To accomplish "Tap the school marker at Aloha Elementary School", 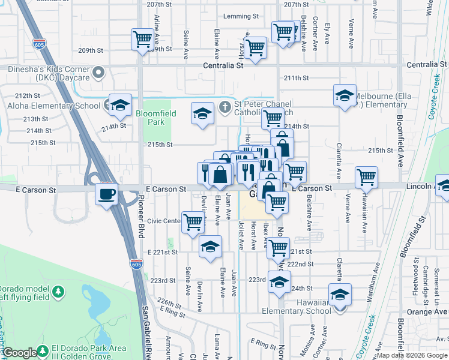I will coord(120,105).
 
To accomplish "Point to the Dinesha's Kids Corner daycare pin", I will coord(100,73).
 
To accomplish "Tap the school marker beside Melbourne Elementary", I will coord(345,95).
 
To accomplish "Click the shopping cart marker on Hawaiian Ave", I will coord(366,177).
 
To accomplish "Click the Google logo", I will coord(19,353).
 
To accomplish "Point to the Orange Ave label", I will coord(427,312).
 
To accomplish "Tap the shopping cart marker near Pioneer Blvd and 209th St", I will coord(142,40).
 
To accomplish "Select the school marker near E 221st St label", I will coord(210,247).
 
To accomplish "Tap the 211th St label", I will coord(296,78).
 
